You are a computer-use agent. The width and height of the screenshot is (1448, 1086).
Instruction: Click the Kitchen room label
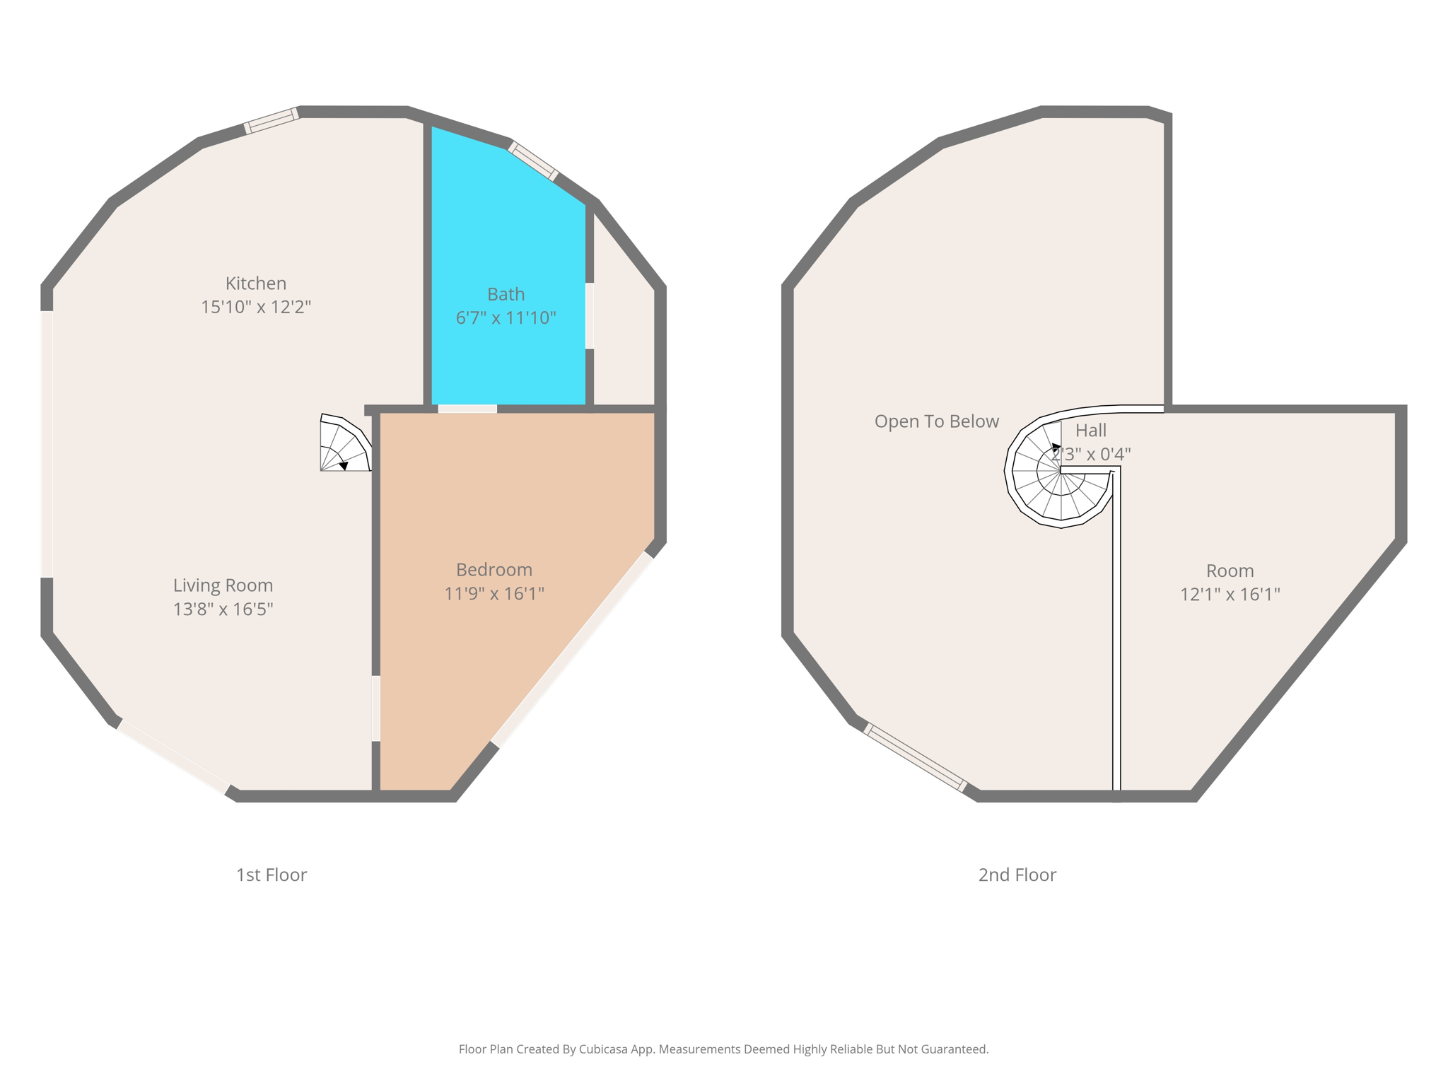point(255,284)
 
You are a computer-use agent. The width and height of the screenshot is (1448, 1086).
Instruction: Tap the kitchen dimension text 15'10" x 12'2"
point(256,308)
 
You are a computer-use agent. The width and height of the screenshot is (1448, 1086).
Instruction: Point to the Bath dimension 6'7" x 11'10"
point(506,318)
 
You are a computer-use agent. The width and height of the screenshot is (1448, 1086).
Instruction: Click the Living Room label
point(223,585)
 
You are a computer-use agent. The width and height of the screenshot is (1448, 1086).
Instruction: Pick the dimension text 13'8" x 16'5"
point(223,609)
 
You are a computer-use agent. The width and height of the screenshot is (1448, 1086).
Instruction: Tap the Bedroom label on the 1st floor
point(494,570)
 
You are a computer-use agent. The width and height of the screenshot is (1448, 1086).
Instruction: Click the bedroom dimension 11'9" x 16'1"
point(494,594)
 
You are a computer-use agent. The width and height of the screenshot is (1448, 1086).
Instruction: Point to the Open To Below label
point(936,422)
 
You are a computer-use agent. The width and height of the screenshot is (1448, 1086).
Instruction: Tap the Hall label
point(1090,431)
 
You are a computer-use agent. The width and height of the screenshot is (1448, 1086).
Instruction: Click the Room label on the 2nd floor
point(1230,571)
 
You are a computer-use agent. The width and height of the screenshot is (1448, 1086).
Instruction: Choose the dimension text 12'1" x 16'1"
point(1230,595)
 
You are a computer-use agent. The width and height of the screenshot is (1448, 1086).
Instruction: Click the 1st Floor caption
point(271,875)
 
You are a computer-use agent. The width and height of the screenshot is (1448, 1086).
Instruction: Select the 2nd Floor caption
point(1017,875)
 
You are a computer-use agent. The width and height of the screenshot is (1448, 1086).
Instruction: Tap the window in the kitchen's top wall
point(271,121)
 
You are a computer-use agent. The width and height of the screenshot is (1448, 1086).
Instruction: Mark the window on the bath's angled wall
point(533,161)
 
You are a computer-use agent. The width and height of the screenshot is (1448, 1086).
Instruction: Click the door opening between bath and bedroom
point(467,409)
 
